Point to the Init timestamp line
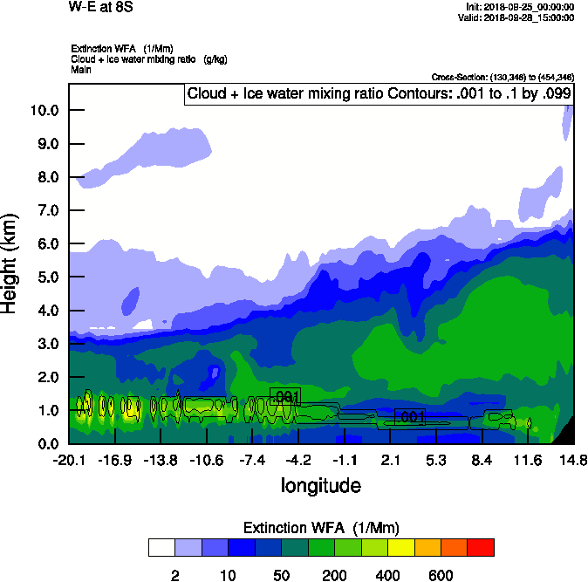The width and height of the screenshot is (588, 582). tap(519, 7)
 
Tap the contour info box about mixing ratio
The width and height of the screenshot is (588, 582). tap(379, 93)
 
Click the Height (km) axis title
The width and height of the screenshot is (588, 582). tap(11, 264)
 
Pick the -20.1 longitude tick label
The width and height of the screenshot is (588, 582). tap(68, 460)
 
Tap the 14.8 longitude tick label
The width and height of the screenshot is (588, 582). tap(573, 460)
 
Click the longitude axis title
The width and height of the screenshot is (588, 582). tap(320, 484)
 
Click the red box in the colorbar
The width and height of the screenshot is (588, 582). tap(481, 547)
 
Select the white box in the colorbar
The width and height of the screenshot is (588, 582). tap(161, 547)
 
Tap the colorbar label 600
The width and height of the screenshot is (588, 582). tap(441, 575)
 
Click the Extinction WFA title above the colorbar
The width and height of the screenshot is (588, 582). tap(321, 527)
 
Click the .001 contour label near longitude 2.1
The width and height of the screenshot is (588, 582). tap(410, 417)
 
